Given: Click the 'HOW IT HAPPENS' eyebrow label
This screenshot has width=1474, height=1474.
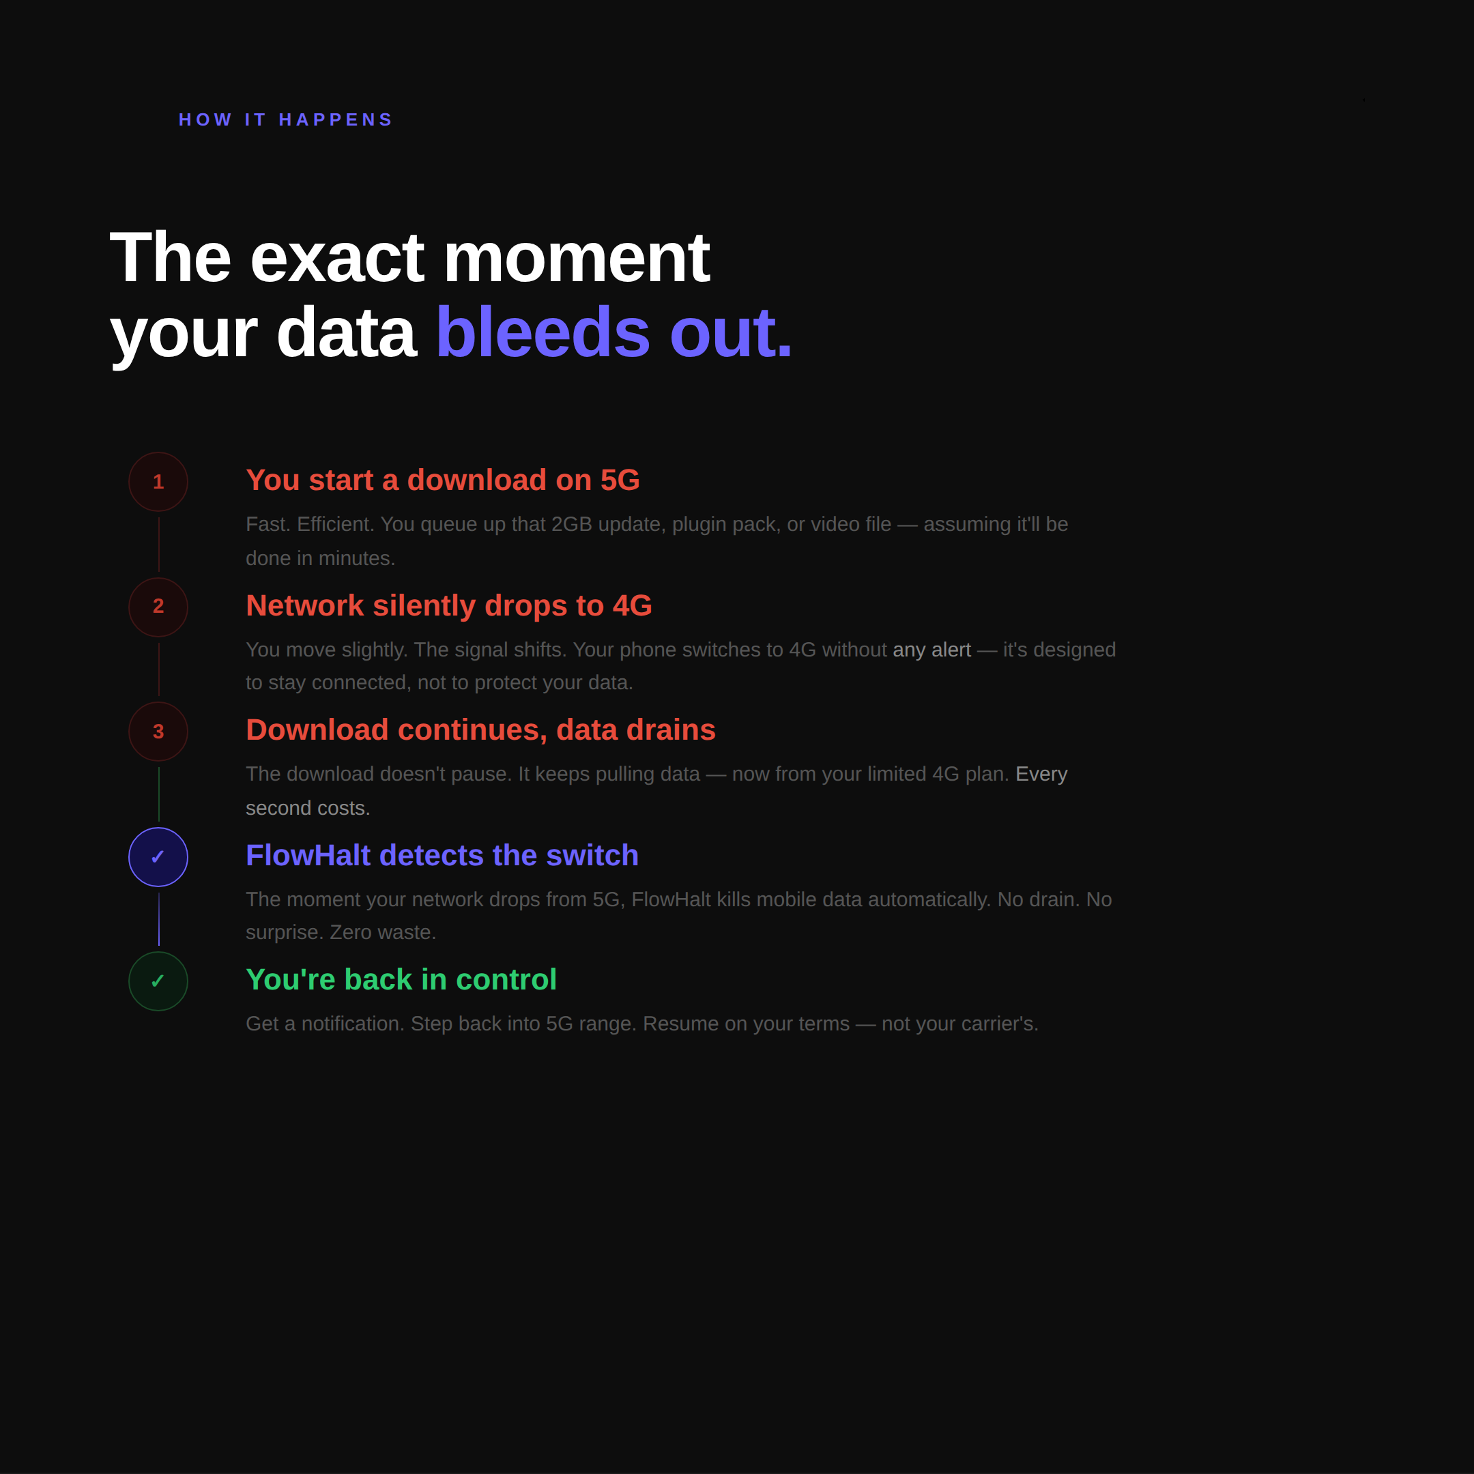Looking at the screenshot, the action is coord(285,120).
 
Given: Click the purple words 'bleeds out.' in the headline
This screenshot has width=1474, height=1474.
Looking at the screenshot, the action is coord(613,332).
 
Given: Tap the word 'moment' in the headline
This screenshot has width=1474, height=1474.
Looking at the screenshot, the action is coord(576,258).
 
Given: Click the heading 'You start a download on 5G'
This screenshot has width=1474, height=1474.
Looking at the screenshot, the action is coord(442,480).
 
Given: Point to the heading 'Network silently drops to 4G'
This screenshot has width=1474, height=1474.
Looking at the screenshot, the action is coord(448,606).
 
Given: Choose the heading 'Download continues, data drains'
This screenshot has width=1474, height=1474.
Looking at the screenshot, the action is coord(480,730).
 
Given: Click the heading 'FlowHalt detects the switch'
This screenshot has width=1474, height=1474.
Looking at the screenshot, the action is coord(442,855).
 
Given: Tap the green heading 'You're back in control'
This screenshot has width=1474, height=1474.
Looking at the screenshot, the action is coord(401,980).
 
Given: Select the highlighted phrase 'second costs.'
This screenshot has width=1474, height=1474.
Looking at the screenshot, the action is coord(308,808).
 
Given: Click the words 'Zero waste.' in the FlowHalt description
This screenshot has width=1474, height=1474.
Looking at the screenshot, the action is coord(383,932).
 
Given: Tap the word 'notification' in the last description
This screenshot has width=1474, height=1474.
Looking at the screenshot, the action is coord(351,1024).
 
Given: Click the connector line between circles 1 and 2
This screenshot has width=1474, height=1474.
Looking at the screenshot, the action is coord(159,545).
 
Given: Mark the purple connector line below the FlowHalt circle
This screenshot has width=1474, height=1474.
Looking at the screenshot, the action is coord(159,919).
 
